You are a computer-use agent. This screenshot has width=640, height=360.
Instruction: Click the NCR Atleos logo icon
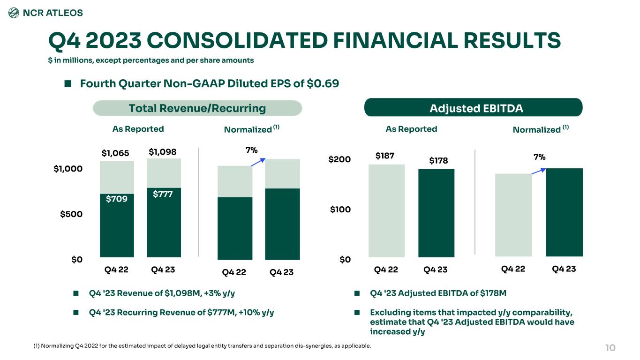(14, 13)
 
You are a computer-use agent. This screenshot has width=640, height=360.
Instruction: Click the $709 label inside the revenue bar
(117, 199)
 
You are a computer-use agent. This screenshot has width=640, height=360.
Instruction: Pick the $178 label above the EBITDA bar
(438, 161)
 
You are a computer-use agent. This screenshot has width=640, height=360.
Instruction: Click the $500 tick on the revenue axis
(72, 214)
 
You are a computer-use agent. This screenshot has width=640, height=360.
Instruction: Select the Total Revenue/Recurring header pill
(197, 108)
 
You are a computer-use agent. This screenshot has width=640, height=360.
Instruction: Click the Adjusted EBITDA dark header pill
(473, 108)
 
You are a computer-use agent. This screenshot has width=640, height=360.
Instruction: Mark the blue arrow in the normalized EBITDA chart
(539, 170)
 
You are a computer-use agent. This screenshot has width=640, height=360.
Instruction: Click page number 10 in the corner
(610, 348)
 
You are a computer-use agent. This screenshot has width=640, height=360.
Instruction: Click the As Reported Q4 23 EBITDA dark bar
(436, 213)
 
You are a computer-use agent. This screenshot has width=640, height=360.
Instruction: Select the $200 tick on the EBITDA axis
(339, 160)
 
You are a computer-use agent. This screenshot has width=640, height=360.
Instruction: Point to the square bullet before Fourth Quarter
(68, 84)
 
